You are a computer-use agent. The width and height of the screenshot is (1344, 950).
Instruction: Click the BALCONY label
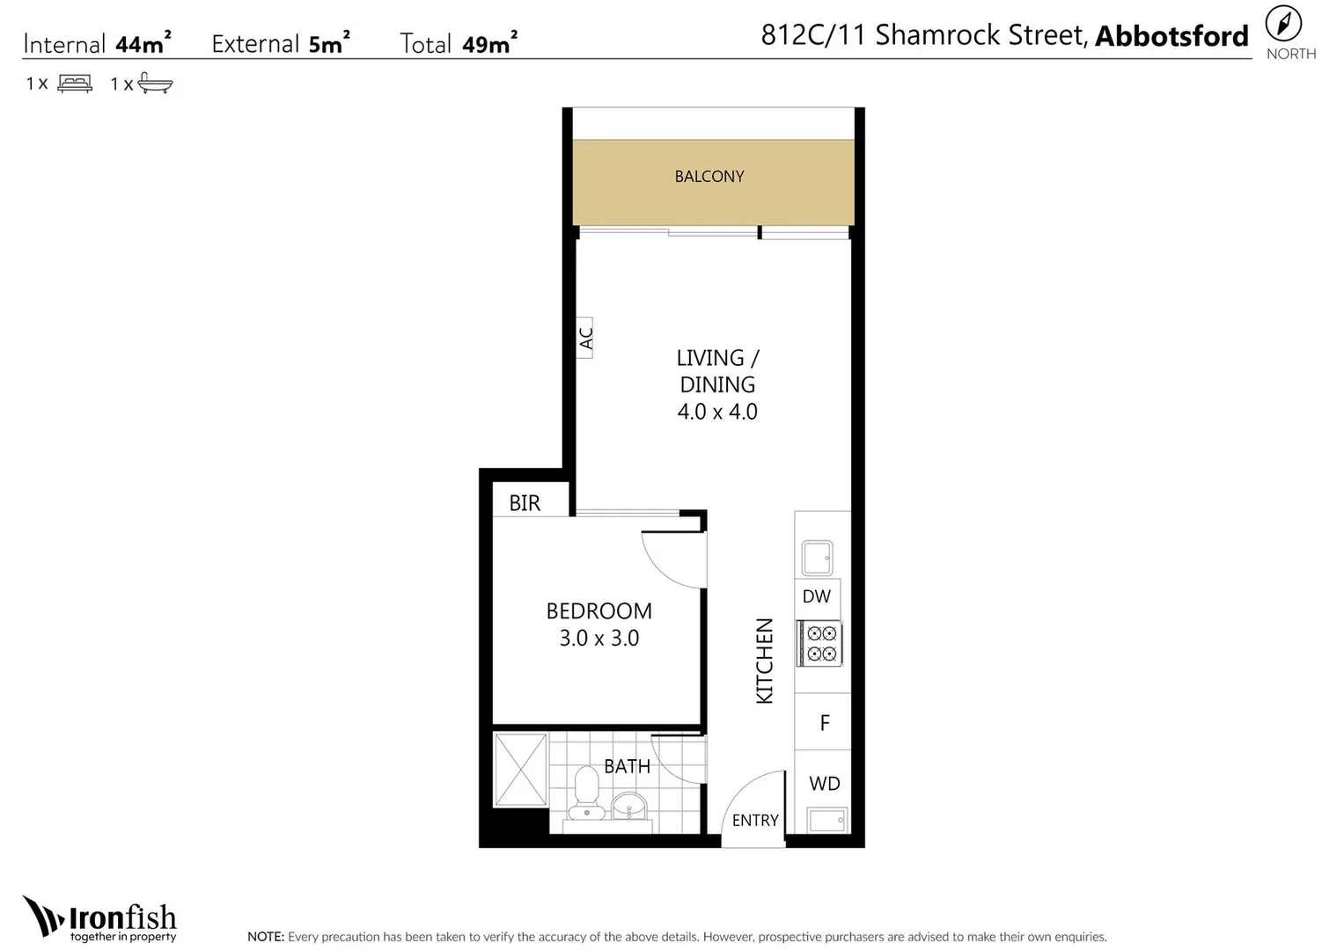(709, 176)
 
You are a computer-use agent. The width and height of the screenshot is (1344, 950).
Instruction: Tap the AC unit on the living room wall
(584, 338)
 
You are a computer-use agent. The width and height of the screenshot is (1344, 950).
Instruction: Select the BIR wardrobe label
(525, 503)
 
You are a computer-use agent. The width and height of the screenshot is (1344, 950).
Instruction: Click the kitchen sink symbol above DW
(817, 558)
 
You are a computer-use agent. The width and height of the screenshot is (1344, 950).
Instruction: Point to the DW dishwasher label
(817, 596)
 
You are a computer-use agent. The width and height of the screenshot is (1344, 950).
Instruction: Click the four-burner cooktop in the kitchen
(820, 643)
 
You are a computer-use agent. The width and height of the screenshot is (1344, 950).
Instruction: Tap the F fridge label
(825, 723)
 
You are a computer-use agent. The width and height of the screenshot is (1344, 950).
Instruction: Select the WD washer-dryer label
(825, 783)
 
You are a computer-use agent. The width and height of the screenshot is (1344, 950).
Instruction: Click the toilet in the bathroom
(586, 793)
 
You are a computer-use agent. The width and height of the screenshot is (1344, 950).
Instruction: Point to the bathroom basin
(628, 806)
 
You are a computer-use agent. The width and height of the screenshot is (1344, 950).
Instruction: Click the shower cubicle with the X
(520, 770)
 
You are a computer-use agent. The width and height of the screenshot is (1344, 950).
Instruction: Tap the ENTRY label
(755, 820)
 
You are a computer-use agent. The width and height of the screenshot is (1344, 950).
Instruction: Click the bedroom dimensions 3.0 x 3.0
(599, 638)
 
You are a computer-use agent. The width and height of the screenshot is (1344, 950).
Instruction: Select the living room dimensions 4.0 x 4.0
(717, 412)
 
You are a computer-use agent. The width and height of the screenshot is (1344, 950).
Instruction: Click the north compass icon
(1283, 25)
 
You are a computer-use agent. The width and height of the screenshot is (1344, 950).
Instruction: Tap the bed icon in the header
(75, 83)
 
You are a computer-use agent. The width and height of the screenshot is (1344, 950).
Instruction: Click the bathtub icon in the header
(155, 83)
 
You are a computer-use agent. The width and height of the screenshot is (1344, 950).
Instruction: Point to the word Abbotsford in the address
(1171, 36)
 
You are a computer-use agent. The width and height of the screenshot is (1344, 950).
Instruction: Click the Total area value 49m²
(489, 42)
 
